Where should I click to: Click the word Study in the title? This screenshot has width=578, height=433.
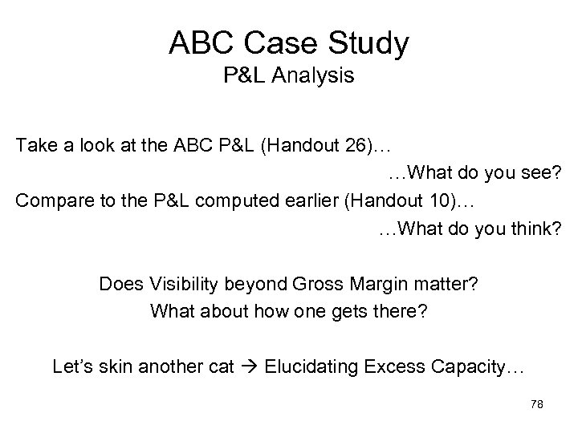[x=367, y=43]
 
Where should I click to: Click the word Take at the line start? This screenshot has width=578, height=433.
[x=33, y=147]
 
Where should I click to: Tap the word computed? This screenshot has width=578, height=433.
[x=228, y=200]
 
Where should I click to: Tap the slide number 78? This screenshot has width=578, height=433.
[x=537, y=406]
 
